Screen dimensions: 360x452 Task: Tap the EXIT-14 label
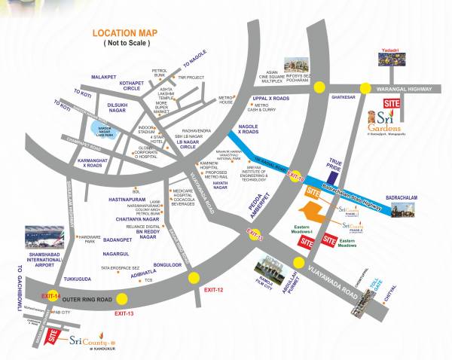point(50,297)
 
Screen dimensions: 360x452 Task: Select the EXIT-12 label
point(214,289)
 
